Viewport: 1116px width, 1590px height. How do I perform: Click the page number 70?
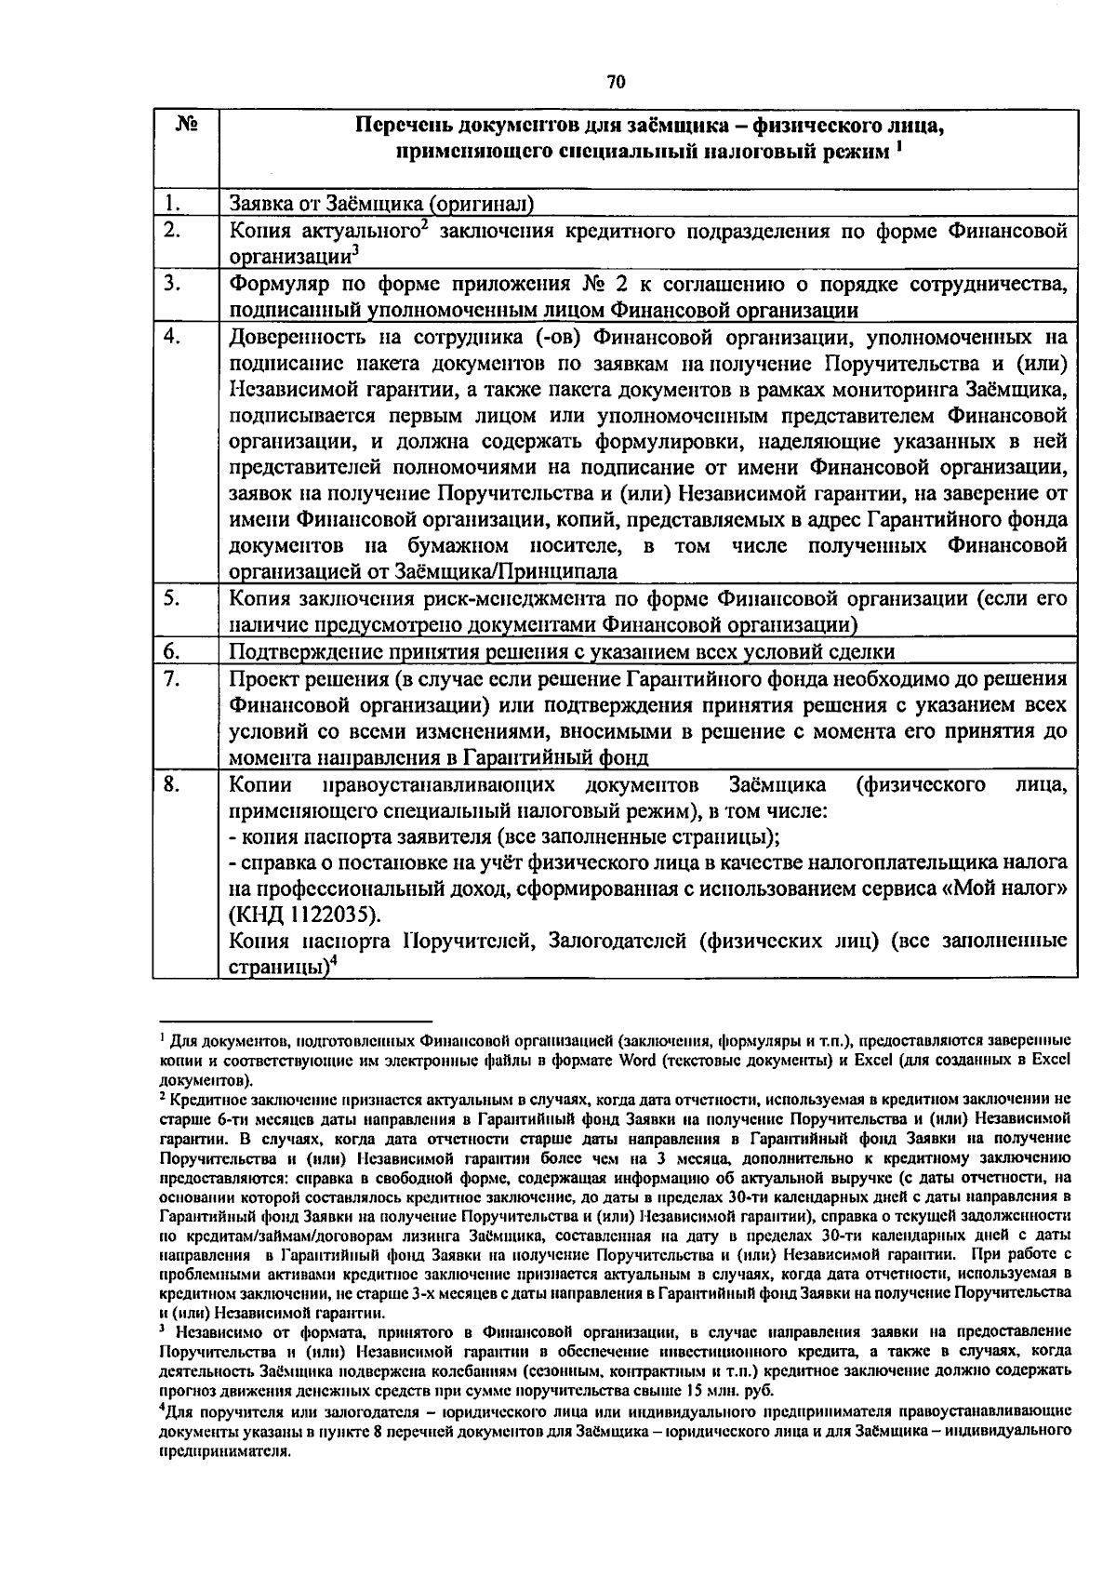point(616,82)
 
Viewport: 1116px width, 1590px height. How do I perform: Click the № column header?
point(183,126)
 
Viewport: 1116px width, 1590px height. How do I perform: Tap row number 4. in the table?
point(170,338)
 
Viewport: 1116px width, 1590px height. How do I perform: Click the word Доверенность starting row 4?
point(295,337)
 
